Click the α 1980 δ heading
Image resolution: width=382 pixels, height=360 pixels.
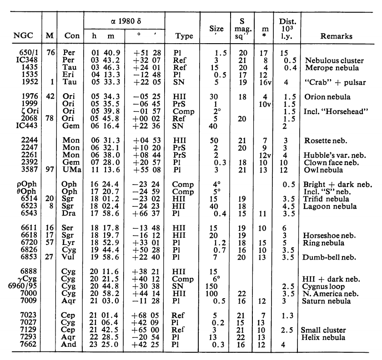[x=124, y=21]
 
